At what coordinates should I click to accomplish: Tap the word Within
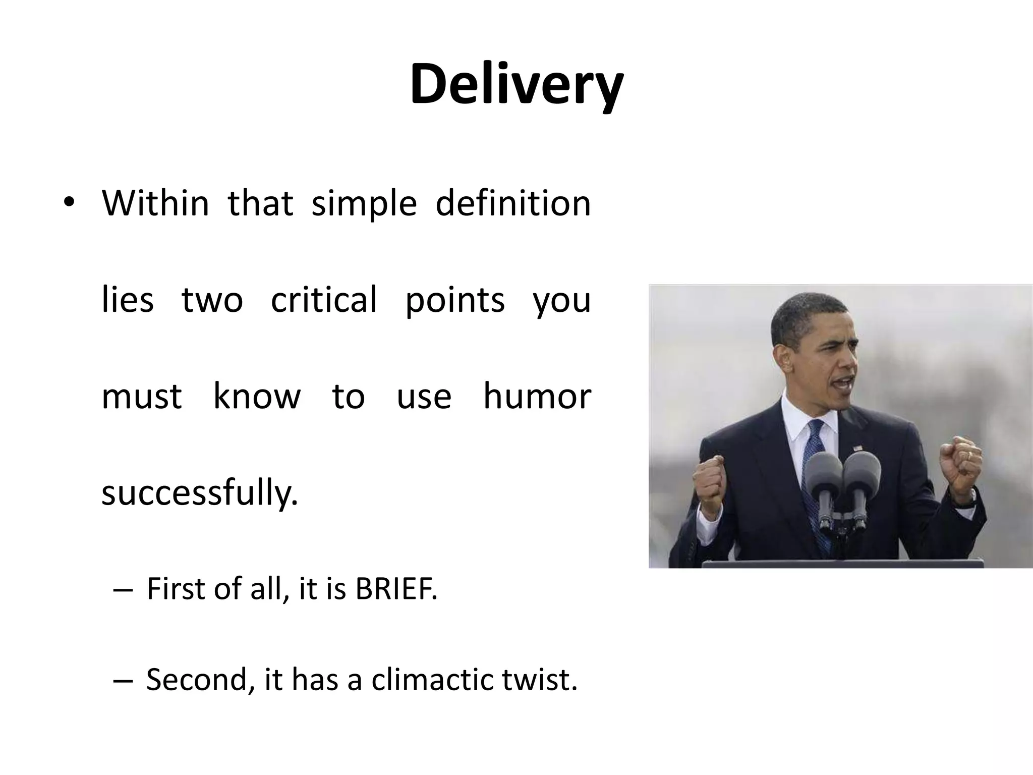(x=155, y=203)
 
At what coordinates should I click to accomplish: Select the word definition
(x=512, y=203)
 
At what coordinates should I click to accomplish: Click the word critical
(x=324, y=300)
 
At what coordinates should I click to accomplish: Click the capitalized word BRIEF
(x=396, y=589)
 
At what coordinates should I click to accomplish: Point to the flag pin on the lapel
(x=855, y=448)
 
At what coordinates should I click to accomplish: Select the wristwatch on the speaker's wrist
(x=969, y=497)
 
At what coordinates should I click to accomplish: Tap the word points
(x=455, y=300)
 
